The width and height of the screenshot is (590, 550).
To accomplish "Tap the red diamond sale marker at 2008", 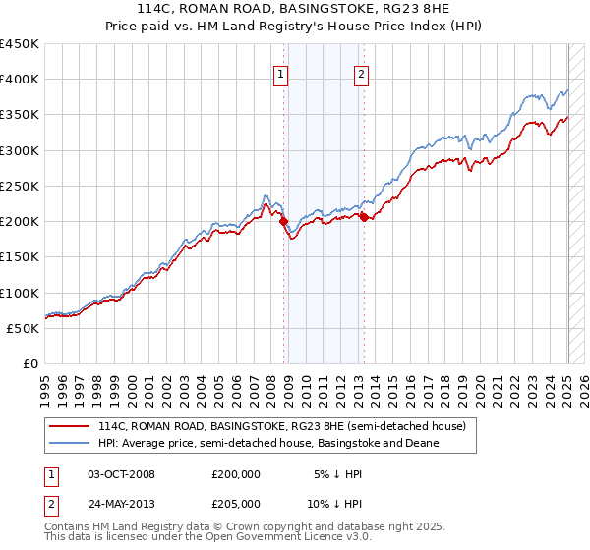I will click(284, 223).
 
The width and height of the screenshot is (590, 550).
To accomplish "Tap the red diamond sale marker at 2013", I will click(364, 218).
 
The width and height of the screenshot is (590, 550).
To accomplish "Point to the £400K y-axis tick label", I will click(19, 80).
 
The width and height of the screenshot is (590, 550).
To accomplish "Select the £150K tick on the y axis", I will click(19, 256).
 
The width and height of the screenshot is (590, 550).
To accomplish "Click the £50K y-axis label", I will click(23, 328).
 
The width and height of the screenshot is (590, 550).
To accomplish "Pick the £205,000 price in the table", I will click(236, 503).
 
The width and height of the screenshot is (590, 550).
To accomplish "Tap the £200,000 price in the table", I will click(236, 474).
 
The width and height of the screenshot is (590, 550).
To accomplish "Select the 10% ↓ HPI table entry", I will click(335, 503).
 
